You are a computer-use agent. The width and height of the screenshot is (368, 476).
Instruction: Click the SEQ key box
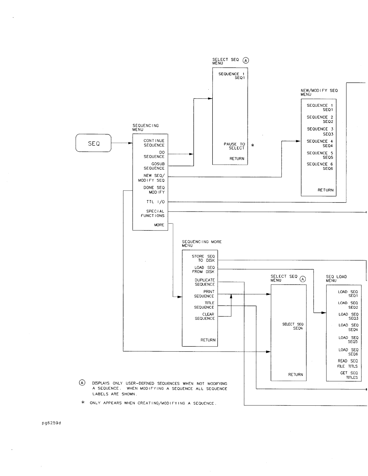point(94,143)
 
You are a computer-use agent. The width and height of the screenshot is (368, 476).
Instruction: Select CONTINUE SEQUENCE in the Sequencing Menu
point(154,143)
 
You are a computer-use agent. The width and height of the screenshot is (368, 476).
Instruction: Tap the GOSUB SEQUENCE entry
point(154,166)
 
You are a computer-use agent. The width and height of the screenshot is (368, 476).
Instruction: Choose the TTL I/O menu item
point(155,202)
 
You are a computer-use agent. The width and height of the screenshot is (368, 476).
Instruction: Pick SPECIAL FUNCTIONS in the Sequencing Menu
point(153,213)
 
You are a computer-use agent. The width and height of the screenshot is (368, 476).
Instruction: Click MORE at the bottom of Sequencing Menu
point(159,225)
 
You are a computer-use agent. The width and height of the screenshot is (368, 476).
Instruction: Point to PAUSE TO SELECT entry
point(235,146)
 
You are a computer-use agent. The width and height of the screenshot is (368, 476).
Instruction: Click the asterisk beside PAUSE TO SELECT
point(253,145)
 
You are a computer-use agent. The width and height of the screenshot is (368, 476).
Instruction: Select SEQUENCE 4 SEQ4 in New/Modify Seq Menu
point(320,143)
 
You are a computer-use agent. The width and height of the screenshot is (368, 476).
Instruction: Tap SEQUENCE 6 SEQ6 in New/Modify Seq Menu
point(320,166)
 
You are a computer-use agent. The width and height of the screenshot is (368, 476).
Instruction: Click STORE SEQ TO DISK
point(204,258)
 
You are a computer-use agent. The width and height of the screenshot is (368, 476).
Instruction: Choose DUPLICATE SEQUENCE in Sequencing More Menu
point(205,282)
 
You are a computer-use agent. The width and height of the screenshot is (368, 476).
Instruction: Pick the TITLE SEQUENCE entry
point(204,305)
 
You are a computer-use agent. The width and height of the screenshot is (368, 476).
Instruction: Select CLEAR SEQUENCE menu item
point(205,316)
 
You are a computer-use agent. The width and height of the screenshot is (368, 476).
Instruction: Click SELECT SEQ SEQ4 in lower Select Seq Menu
point(293,326)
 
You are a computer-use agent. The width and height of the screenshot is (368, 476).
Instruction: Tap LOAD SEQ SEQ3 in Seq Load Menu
point(348,316)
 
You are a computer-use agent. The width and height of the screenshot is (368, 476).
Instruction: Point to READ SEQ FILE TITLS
point(348,364)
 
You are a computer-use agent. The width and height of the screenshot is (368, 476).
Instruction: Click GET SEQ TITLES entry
point(349,375)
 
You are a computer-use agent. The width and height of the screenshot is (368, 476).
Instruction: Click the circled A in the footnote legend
point(82,383)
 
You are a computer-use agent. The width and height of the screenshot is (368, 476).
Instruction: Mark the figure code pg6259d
point(51,423)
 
